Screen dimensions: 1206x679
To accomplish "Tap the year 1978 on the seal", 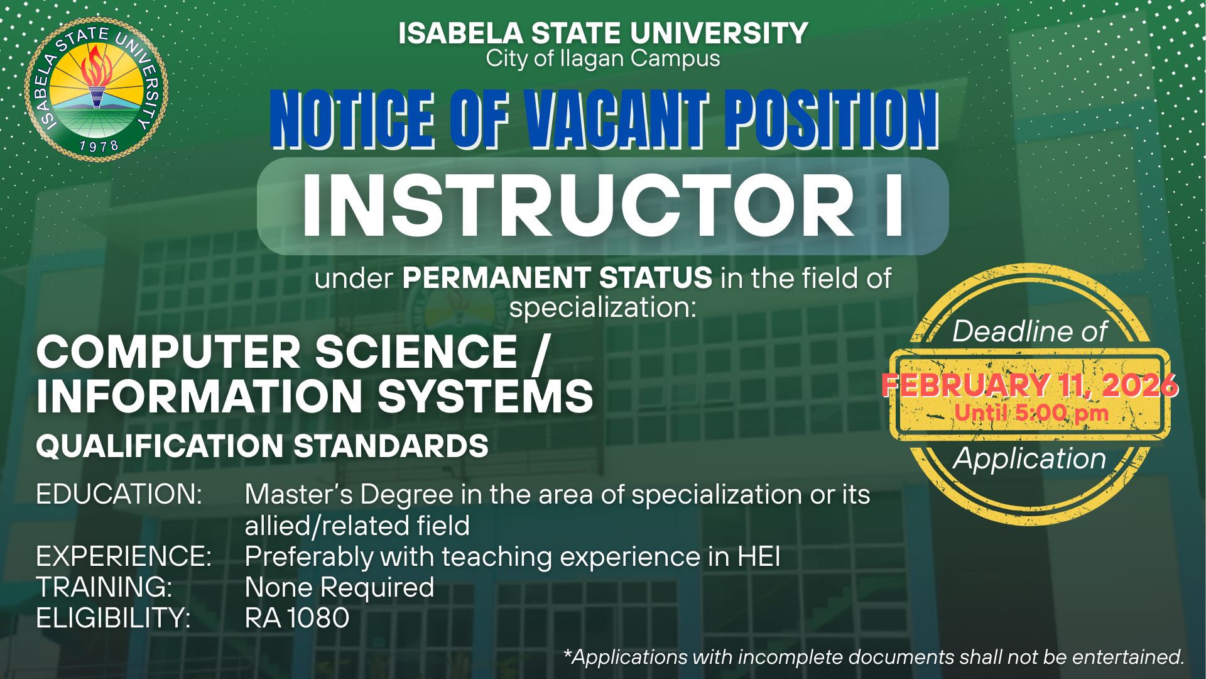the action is click(99, 146).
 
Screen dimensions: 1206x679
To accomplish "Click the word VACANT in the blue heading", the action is click(617, 119).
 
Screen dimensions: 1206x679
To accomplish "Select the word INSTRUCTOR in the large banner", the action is click(578, 206).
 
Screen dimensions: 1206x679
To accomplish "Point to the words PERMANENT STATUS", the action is click(557, 278).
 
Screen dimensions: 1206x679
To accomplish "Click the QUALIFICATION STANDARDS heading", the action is click(262, 446).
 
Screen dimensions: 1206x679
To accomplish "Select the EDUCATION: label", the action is click(119, 494).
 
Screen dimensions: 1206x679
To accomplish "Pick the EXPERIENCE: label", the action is click(124, 556).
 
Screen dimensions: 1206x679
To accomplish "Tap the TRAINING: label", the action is click(104, 587).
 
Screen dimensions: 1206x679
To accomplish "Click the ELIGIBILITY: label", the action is click(113, 618).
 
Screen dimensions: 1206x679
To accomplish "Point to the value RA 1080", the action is click(297, 618).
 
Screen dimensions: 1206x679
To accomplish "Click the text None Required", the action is click(339, 587).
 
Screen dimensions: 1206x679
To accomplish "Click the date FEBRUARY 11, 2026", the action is click(1030, 385).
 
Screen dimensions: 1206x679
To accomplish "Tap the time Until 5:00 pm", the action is click(1031, 413).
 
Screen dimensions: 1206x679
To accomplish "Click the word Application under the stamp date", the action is click(1029, 459).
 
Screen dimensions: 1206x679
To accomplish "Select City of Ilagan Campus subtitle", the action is click(603, 58).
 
